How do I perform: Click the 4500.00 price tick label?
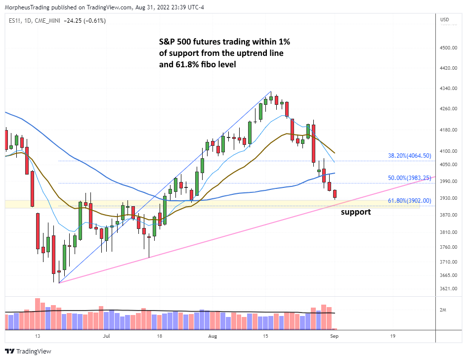(x=448, y=48)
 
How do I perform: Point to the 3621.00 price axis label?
(x=448, y=289)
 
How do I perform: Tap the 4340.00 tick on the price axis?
(x=448, y=89)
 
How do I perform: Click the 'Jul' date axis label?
(x=106, y=336)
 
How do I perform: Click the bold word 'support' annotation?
(x=356, y=212)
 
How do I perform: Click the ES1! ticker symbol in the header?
(x=14, y=21)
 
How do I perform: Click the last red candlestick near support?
(x=335, y=194)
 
